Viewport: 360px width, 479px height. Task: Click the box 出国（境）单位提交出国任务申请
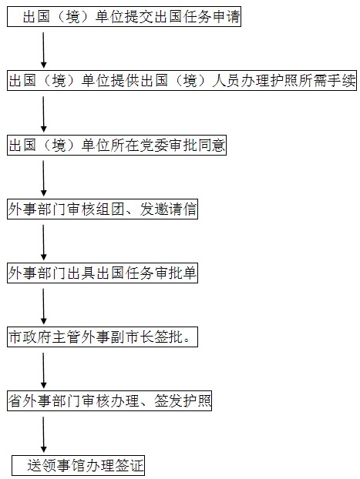pyautogui.click(x=124, y=16)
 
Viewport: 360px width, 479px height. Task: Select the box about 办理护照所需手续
pyautogui.click(x=182, y=81)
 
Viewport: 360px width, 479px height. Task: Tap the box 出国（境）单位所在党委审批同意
pyautogui.click(x=116, y=145)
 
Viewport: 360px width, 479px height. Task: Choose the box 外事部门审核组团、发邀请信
pyautogui.click(x=103, y=209)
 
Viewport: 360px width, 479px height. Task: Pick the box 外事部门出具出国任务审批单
pyautogui.click(x=103, y=273)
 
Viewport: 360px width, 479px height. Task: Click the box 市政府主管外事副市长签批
pyautogui.click(x=103, y=337)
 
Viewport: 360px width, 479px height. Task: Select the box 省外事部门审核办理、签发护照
pyautogui.click(x=109, y=400)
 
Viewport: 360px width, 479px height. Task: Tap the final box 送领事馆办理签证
pyautogui.click(x=79, y=465)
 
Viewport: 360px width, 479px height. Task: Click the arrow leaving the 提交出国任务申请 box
pyautogui.click(x=43, y=50)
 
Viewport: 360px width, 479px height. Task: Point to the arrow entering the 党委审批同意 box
pyautogui.click(x=43, y=114)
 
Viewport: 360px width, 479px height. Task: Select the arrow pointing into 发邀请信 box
pyautogui.click(x=43, y=179)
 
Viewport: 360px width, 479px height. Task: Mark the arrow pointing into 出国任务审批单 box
pyautogui.click(x=43, y=243)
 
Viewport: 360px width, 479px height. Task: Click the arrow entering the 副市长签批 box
pyautogui.click(x=43, y=306)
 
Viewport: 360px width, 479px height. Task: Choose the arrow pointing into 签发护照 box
pyautogui.click(x=43, y=370)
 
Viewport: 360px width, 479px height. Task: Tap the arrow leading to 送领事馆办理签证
pyautogui.click(x=43, y=434)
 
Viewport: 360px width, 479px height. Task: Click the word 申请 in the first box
pyautogui.click(x=226, y=16)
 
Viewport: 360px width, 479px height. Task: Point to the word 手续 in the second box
pyautogui.click(x=341, y=81)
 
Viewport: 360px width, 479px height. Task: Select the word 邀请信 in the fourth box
pyautogui.click(x=175, y=209)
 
